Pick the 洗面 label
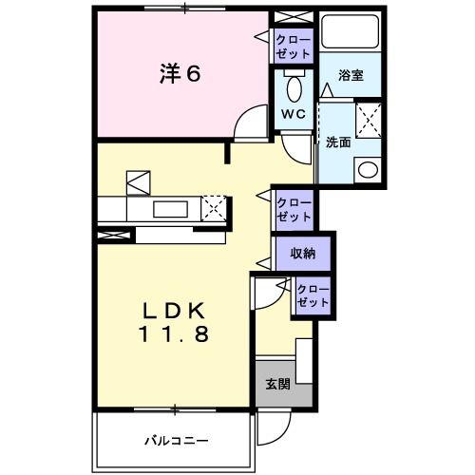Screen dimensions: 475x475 coord(338,142)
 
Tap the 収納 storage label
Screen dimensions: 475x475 coord(303,254)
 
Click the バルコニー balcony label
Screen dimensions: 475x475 coord(176,440)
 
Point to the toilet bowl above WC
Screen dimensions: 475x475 coord(294,90)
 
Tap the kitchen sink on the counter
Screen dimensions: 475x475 coord(170,208)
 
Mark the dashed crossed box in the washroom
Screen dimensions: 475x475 coord(367,124)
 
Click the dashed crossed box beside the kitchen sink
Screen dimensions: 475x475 coord(216,206)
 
